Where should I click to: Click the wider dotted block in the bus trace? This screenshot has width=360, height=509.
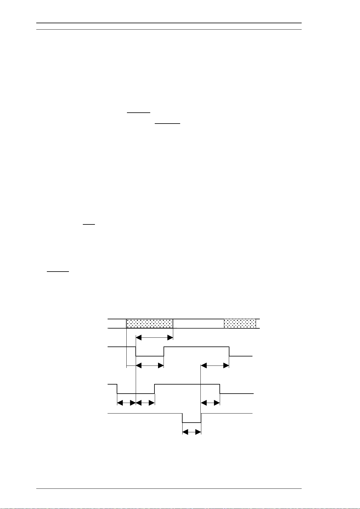coord(149,324)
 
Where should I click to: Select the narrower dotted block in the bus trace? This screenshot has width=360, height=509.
coord(240,324)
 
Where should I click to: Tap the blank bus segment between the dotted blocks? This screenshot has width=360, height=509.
coord(198,324)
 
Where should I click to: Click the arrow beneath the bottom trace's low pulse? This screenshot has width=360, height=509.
coord(192,432)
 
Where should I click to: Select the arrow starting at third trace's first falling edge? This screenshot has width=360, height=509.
coord(126,403)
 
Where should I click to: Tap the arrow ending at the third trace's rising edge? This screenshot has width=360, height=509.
coord(145,403)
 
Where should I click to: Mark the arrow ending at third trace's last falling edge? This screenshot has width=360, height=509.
coord(210,403)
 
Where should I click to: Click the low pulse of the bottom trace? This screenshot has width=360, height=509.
coord(192,422)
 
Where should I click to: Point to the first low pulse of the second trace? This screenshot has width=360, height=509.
coord(150,356)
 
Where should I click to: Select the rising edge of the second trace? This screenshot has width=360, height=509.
coord(164,352)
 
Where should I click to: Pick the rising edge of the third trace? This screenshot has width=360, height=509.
coord(154,389)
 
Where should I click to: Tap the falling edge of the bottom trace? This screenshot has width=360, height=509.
coord(182,418)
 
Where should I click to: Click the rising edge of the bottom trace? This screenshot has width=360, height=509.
coord(201,418)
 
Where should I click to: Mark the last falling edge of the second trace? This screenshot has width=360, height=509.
coord(229,352)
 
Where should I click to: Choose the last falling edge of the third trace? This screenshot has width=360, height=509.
coord(220,389)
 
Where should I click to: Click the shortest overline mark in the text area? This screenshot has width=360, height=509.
coord(89,224)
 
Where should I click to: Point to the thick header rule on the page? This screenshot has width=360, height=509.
coord(169,23)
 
